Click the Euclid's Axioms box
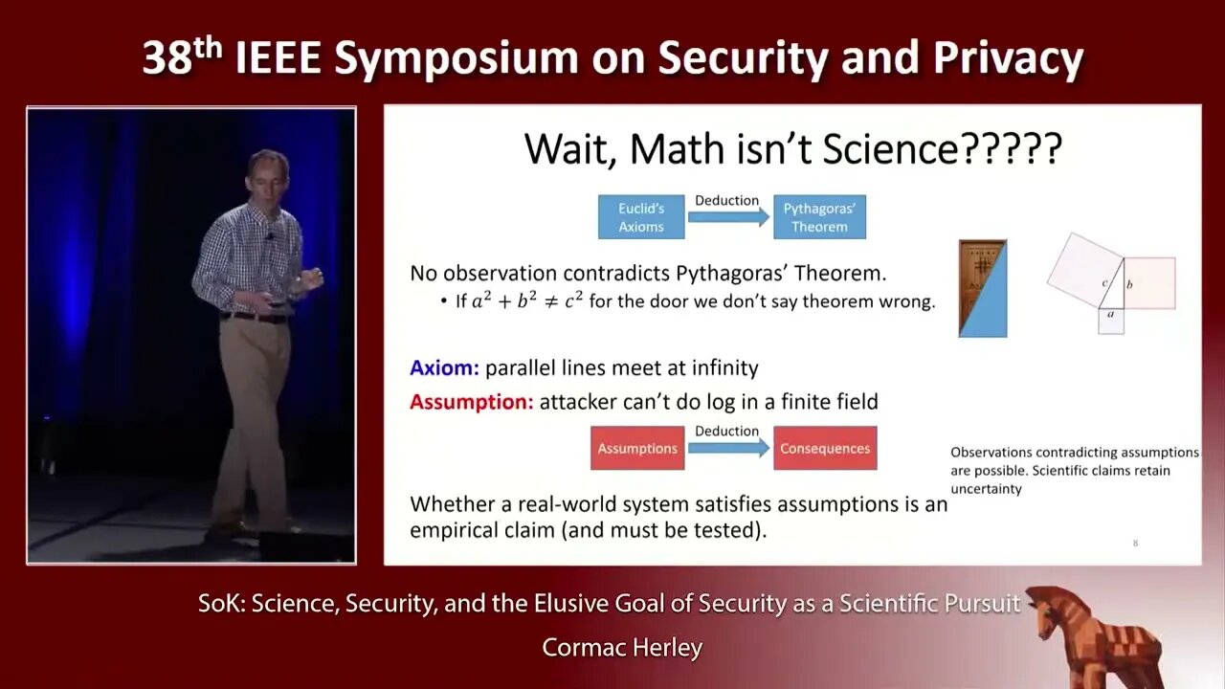[641, 217]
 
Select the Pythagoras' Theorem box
[819, 217]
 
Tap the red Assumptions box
[637, 448]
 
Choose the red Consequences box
[825, 448]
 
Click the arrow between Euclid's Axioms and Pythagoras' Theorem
[728, 217]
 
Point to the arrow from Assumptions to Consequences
[728, 449]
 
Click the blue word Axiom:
[444, 368]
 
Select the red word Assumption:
[472, 402]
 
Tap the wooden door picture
[983, 288]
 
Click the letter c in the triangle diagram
[1104, 282]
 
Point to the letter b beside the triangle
[1129, 284]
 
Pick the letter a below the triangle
[1110, 315]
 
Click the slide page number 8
[1135, 543]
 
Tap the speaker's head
[267, 174]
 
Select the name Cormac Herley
[622, 648]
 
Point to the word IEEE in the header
[278, 58]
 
